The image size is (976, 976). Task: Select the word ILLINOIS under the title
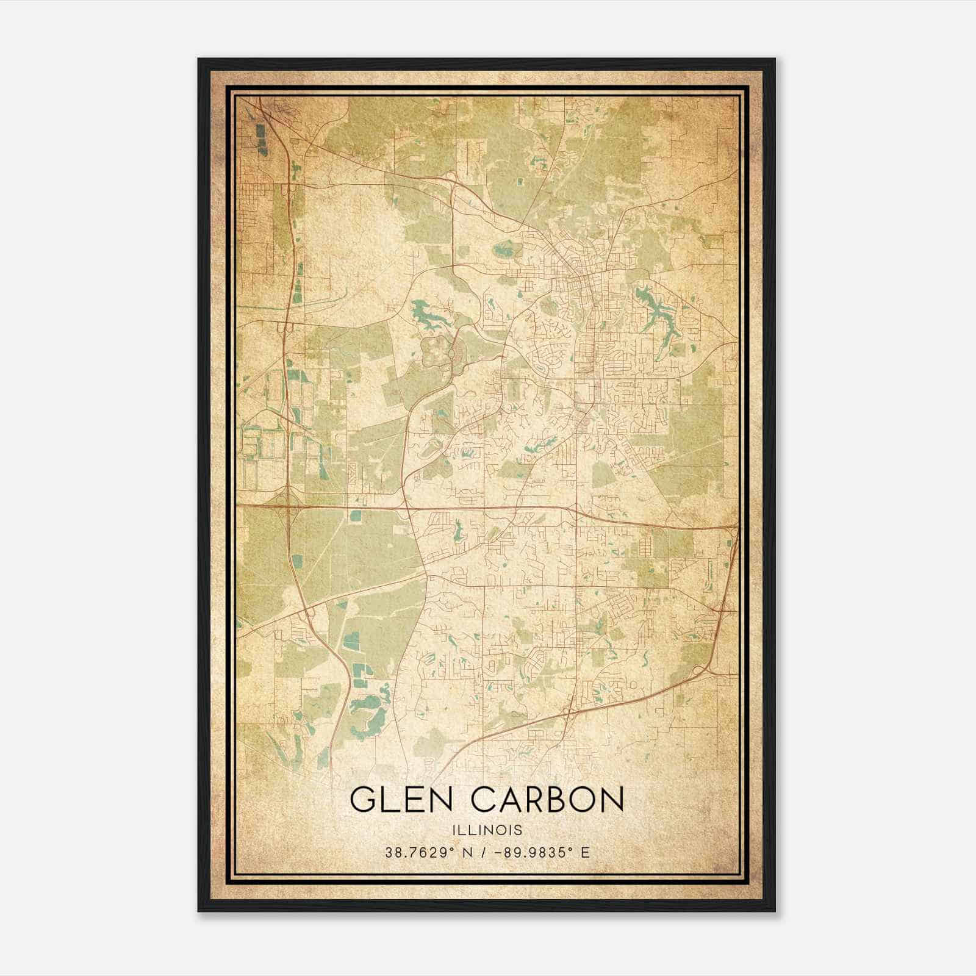click(487, 830)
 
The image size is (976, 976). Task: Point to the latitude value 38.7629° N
click(425, 852)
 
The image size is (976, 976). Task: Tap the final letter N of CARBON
click(612, 799)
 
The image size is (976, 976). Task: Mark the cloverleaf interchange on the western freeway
click(286, 505)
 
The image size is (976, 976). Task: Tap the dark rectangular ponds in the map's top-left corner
click(262, 137)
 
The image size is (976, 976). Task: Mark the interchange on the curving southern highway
click(570, 711)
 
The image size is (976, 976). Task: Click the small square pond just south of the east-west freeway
click(354, 516)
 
